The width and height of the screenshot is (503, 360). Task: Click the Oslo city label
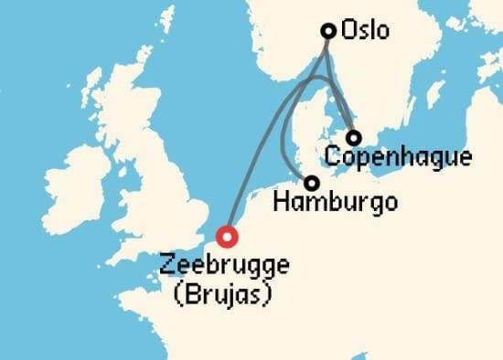[364, 30]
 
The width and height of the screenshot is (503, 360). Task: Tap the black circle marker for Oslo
[327, 30]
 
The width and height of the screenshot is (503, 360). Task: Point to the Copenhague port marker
[353, 137]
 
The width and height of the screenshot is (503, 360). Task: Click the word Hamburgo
[336, 201]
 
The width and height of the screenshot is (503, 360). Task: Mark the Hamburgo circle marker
[312, 183]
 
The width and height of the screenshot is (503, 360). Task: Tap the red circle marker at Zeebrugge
[228, 237]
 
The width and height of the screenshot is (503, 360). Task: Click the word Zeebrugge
[224, 266]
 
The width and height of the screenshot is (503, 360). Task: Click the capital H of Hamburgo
[281, 201]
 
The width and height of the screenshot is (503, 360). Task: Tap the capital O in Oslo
[348, 30]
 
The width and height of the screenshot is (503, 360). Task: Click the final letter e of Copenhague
[466, 156]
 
